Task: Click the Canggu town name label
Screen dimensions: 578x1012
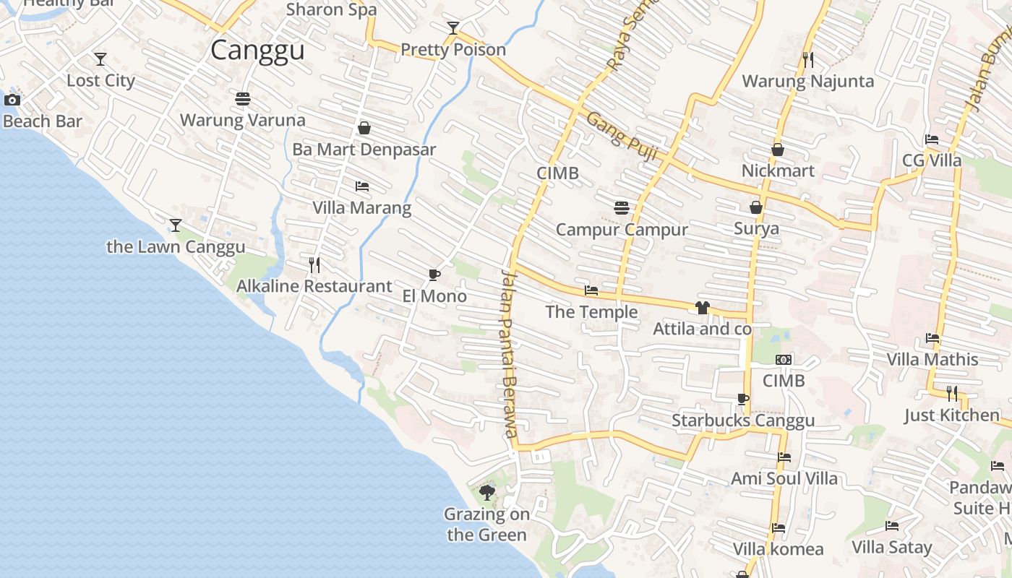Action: pos(257,51)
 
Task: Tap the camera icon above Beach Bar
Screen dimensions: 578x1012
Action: pos(12,100)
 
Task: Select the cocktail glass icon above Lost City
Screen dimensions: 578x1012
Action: pos(100,59)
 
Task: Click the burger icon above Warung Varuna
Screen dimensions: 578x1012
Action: pos(242,98)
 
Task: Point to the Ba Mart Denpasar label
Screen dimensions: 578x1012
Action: pos(364,150)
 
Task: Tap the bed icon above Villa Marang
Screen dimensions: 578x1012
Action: pos(362,186)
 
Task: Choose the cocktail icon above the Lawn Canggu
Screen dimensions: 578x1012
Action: pos(176,225)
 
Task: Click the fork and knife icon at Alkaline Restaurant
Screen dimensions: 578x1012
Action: pos(314,265)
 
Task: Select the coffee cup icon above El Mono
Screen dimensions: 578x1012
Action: pos(434,275)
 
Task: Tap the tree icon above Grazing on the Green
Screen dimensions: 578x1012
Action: pos(487,493)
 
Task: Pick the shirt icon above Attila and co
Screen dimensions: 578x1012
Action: pos(702,308)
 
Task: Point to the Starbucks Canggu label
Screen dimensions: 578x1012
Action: pos(743,420)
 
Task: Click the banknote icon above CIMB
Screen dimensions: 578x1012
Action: pos(784,360)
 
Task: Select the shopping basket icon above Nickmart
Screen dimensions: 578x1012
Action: pos(778,150)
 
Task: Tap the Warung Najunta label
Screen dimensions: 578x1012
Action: pos(808,81)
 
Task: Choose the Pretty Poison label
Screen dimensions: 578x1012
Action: pos(453,50)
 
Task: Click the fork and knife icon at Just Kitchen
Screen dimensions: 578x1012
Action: pos(952,394)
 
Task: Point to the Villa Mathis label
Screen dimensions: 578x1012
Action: pos(932,359)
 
